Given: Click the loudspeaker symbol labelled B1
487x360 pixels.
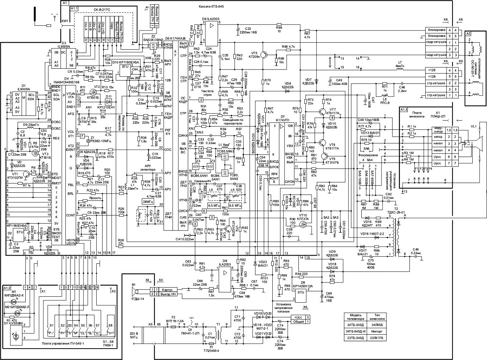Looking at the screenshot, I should coord(136,292).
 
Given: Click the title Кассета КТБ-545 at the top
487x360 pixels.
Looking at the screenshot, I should coord(211,7).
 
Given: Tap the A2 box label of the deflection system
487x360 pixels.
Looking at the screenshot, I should coord(469,34).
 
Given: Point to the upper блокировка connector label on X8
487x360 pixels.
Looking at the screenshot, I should coord(436,29).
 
